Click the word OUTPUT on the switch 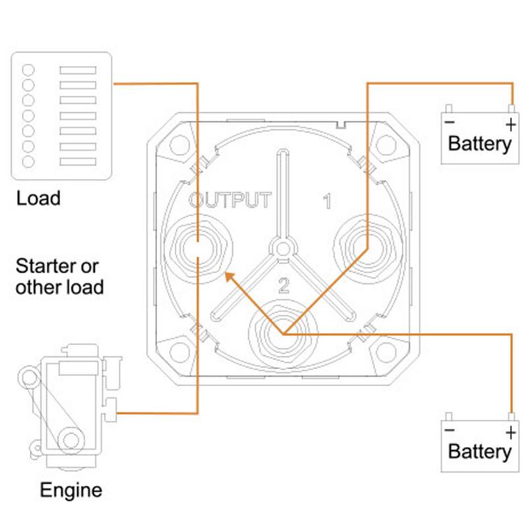pyautogui.click(x=229, y=200)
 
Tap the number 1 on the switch pyautogui.click(x=326, y=202)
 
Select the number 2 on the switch pyautogui.click(x=284, y=285)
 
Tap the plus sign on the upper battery pyautogui.click(x=510, y=123)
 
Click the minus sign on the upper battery pyautogui.click(x=449, y=123)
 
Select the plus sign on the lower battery pyautogui.click(x=510, y=432)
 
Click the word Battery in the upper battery pyautogui.click(x=479, y=143)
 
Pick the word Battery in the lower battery pyautogui.click(x=479, y=452)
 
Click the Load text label pyautogui.click(x=38, y=197)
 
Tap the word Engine pyautogui.click(x=71, y=490)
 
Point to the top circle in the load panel pyautogui.click(x=28, y=70)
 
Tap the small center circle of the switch pyautogui.click(x=282, y=247)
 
